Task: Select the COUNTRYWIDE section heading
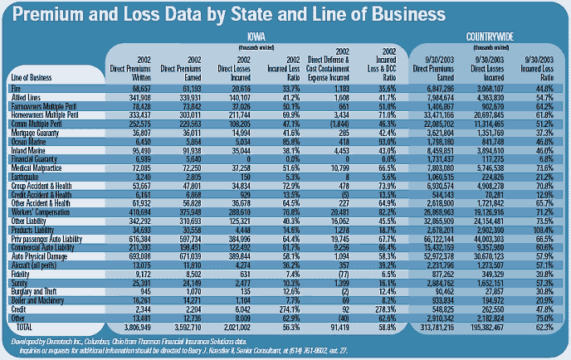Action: pos(488,37)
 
